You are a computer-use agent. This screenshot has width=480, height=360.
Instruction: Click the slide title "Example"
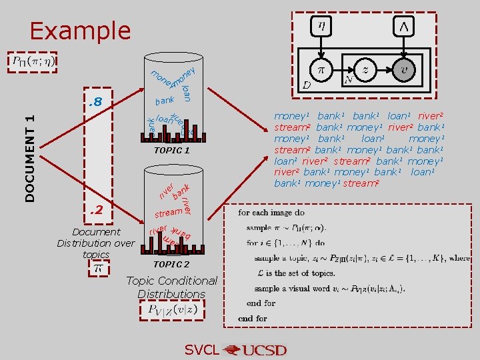80,31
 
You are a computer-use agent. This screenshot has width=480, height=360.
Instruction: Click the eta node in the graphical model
321,27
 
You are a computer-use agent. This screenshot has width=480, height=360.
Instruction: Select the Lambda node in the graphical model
404,27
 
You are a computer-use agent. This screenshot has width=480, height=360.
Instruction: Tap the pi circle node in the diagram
321,69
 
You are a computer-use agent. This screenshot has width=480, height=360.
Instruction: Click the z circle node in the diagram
365,69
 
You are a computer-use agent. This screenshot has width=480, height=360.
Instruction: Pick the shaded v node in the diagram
404,69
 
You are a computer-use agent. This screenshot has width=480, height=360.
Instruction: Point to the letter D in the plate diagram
306,85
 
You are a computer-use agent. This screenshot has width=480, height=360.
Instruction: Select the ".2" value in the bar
96,211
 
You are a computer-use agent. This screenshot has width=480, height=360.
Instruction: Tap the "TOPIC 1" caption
172,151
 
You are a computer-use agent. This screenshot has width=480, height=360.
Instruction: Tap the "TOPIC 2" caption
171,264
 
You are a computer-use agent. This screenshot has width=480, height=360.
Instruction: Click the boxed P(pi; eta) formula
34,62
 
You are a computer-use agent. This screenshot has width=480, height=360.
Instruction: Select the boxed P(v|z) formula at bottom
172,310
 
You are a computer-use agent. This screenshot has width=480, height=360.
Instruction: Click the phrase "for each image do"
271,213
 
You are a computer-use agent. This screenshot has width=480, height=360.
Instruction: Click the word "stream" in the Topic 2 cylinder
169,213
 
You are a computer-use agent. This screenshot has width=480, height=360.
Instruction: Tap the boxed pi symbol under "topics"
97,268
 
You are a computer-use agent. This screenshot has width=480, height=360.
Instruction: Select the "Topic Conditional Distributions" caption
171,287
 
